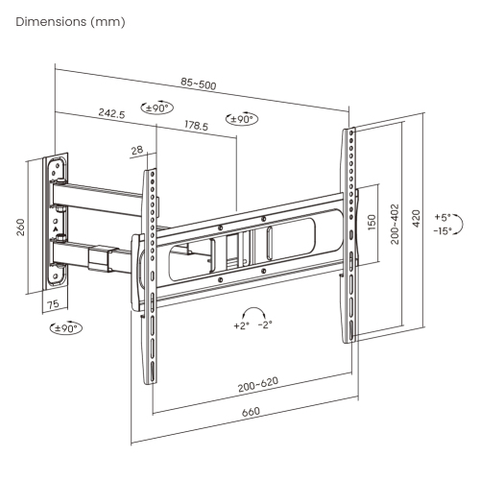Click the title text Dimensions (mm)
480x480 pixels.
click(69, 22)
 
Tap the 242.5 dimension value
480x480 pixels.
click(114, 113)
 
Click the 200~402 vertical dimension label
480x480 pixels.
click(395, 224)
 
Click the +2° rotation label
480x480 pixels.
click(241, 325)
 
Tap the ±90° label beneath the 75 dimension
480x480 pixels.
click(64, 328)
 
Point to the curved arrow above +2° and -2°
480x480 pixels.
click(254, 310)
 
